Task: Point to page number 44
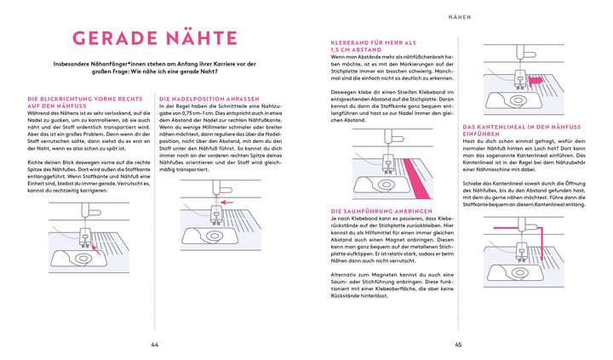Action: click(154, 345)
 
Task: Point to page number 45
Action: click(457, 345)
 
